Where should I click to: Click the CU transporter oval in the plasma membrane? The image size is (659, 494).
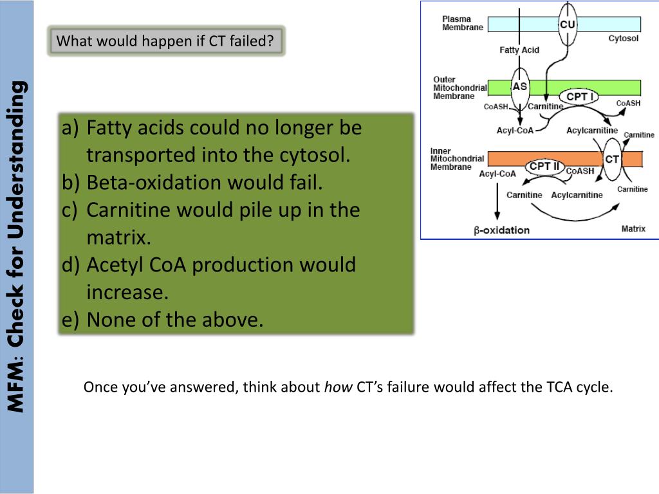point(568,24)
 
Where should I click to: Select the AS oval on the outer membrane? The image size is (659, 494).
point(520,87)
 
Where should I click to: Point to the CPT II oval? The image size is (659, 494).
point(544,167)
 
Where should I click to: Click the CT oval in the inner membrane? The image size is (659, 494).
point(612,160)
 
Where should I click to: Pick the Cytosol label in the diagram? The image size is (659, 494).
point(623,38)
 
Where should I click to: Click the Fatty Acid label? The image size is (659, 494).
point(519,50)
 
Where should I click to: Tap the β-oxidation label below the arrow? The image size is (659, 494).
point(501,230)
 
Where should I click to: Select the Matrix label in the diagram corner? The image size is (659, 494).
point(633,228)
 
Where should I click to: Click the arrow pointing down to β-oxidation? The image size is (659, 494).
point(497,201)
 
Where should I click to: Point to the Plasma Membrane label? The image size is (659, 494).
point(462,23)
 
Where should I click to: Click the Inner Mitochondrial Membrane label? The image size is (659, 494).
point(457,159)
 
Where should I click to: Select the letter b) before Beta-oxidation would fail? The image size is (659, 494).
point(71,182)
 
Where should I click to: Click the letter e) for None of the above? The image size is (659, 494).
point(70,320)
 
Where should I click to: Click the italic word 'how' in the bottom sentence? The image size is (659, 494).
point(338,387)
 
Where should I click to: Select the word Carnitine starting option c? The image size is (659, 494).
point(126,210)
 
